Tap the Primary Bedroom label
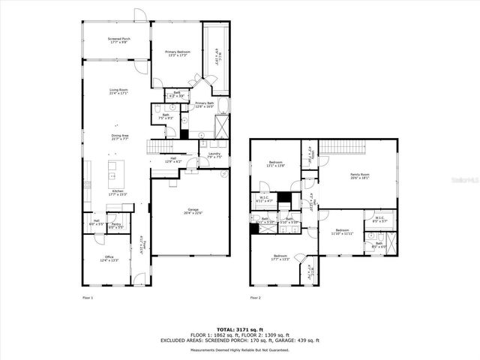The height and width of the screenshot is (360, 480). [177, 52]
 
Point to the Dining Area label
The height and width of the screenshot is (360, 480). [120, 137]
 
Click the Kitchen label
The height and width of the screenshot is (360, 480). [118, 193]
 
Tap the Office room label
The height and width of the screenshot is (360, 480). [109, 259]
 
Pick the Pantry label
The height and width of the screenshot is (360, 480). [116, 225]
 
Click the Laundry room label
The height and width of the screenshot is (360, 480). [214, 156]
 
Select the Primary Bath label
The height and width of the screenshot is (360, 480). [205, 105]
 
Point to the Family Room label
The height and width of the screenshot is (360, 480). [360, 176]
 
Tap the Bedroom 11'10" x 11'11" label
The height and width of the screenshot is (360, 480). [342, 232]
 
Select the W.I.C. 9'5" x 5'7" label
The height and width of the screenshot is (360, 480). [379, 220]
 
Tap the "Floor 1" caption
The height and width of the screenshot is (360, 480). [88, 298]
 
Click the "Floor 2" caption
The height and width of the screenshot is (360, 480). [255, 298]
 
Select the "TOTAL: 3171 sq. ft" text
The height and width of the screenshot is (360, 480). [240, 329]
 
